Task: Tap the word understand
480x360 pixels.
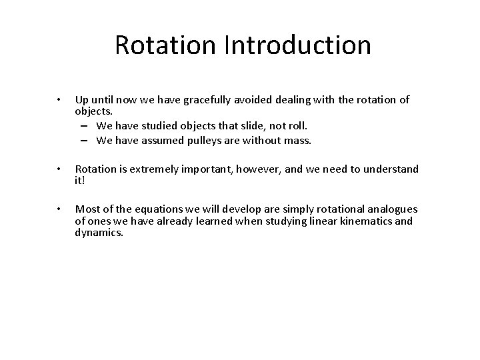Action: click(393, 169)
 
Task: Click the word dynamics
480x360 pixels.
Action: click(99, 231)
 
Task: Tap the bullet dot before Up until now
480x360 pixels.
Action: click(59, 100)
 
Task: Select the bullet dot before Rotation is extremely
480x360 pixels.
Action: click(59, 169)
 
